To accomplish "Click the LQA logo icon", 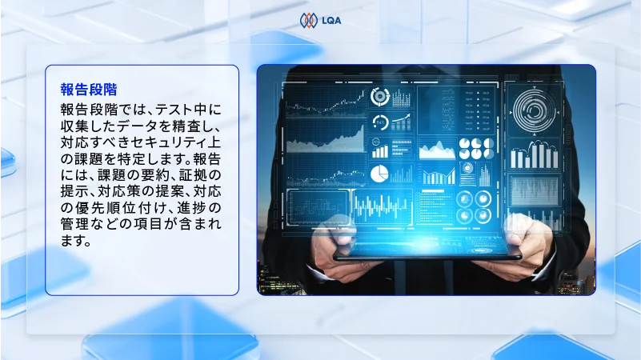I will click(308, 20).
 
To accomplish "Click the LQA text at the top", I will click(331, 21).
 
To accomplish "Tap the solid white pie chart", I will click(379, 173).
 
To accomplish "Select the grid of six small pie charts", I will click(475, 148).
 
